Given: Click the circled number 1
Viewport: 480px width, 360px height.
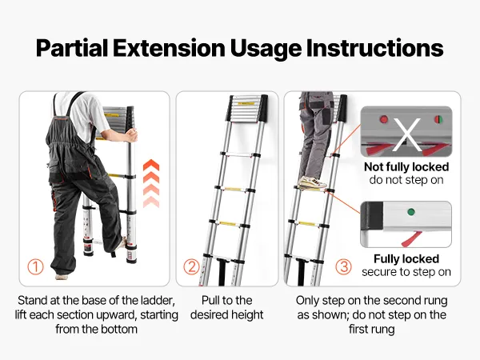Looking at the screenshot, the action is tap(35, 266).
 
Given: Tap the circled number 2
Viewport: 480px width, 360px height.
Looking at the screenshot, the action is tap(192, 266).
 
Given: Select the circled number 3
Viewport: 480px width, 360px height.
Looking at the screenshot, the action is tap(343, 266).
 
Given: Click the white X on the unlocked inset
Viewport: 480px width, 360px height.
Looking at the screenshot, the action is tap(407, 134).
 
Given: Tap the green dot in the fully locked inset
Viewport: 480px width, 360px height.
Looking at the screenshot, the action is tap(411, 211).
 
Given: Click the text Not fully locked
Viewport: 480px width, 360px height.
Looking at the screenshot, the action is tap(406, 167).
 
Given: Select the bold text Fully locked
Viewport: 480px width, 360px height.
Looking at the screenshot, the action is tap(406, 259).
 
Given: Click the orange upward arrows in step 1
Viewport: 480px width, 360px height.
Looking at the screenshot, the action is tap(151, 183).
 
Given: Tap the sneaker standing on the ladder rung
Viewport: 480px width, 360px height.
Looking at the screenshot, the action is tap(313, 182).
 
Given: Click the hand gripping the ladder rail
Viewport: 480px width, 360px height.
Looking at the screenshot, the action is tap(130, 135).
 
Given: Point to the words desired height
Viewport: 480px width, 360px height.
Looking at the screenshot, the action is tap(227, 314).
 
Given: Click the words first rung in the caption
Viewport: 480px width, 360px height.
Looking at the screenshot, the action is tap(372, 330).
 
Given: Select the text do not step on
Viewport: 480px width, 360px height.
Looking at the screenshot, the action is tap(406, 180).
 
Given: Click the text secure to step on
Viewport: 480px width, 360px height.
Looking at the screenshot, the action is tap(406, 272).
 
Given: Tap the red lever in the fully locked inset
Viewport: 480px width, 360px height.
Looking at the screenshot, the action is tap(411, 239).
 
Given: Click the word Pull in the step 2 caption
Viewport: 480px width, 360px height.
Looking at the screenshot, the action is tap(210, 300).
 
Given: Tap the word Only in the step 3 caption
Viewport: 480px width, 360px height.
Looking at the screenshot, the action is tap(308, 301).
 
